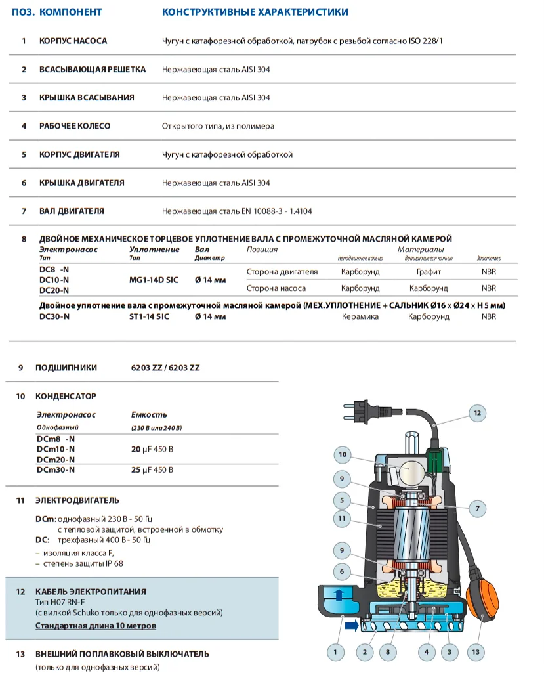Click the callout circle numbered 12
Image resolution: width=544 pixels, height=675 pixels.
pos(477,413)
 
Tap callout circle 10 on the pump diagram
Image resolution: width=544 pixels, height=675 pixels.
pos(342,454)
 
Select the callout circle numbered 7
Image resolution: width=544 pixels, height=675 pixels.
pos(478,508)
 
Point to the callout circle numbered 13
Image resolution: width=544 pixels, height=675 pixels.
pos(476,652)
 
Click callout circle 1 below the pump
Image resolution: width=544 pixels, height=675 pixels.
pos(335,652)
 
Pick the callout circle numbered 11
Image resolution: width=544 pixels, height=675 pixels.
pos(342,519)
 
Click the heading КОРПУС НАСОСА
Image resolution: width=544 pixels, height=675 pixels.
pos(73,41)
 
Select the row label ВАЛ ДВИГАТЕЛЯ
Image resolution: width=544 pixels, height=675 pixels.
pos(72,211)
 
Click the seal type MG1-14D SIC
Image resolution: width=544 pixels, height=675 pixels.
pos(154,280)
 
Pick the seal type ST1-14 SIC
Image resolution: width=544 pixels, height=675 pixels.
pos(150,316)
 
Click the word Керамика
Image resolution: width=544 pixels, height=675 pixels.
pos(360,316)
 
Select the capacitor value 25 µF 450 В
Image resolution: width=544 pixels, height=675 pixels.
pos(153,470)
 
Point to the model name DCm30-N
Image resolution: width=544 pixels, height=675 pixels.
pos(56,470)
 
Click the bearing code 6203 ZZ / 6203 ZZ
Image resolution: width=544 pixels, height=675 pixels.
pos(165,368)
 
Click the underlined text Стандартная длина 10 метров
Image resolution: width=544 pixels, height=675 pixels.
pos(96,626)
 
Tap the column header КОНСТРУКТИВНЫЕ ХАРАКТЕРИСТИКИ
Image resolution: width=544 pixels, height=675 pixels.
pos(255,12)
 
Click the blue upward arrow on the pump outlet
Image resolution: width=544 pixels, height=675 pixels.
pos(338,596)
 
